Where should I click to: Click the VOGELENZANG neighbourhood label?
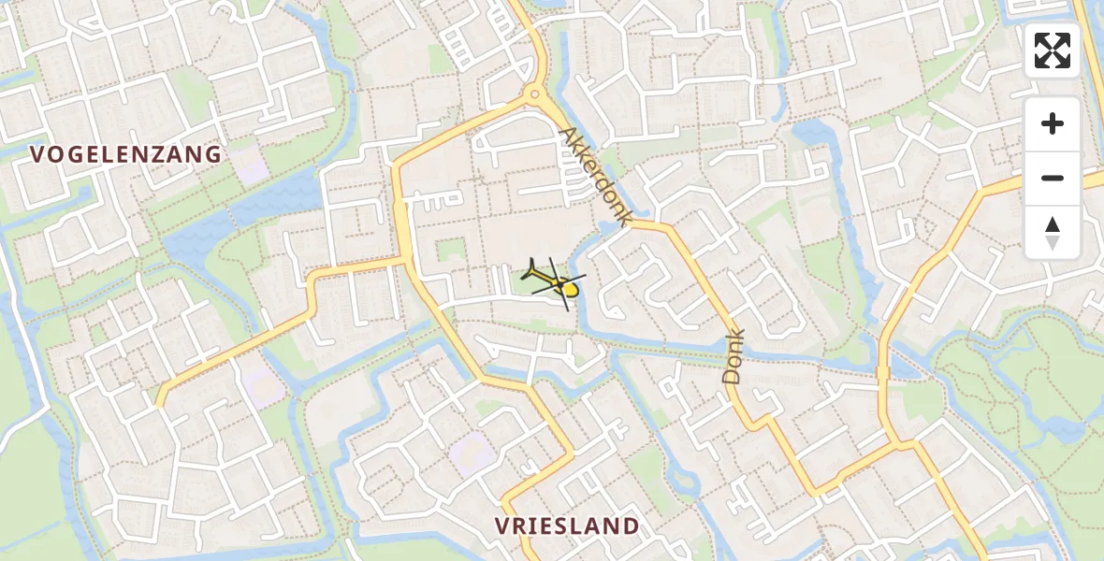pos(126,154)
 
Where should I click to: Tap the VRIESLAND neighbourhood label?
pos(567,526)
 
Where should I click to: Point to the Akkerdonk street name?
pos(593,177)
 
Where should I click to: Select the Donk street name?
pos(734,356)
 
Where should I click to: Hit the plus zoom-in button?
pos(1053,123)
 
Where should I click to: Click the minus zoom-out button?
pos(1053,178)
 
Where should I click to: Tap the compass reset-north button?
pos(1053,232)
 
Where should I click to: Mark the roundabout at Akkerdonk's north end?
pos(534,93)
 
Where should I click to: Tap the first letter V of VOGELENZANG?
pos(38,154)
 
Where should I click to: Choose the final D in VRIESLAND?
pos(631,526)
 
